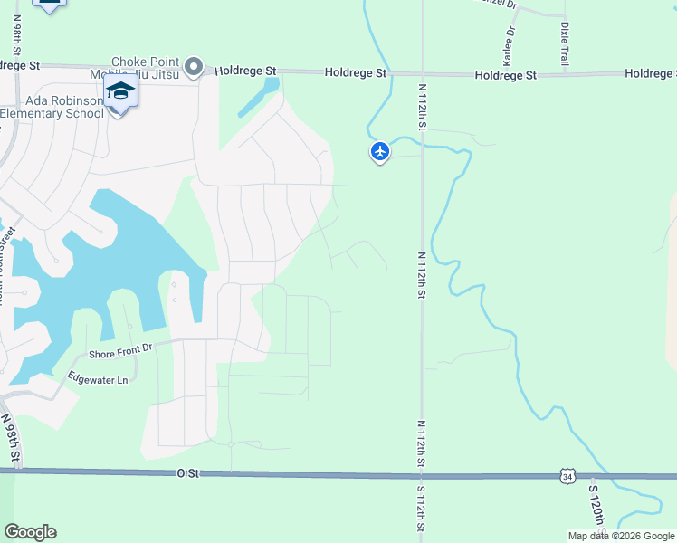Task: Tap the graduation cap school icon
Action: [119, 91]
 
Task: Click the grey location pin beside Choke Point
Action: [192, 66]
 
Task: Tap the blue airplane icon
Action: [380, 151]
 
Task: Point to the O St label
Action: [187, 472]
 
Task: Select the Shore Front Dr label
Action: [119, 350]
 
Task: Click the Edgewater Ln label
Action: [99, 379]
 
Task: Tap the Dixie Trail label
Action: [565, 43]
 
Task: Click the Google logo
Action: [30, 532]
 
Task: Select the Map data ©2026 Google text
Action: [621, 536]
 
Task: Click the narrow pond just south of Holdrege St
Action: [259, 98]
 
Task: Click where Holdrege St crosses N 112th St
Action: [423, 73]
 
